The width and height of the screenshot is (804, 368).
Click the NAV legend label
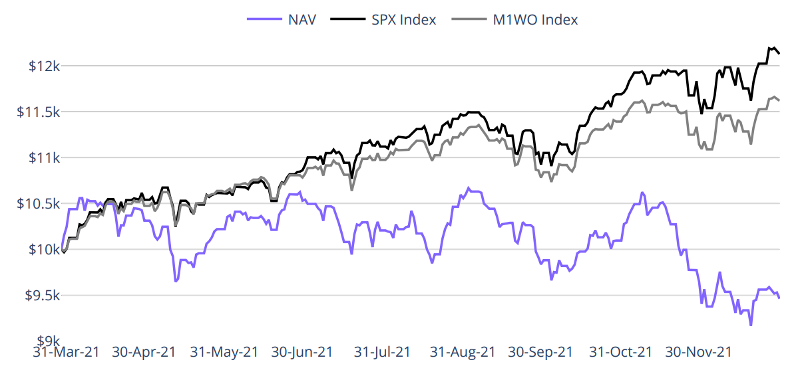[303, 19]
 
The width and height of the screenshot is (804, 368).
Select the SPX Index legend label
[404, 19]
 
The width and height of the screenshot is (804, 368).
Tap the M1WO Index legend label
[535, 19]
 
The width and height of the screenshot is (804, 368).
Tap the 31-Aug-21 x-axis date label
[463, 352]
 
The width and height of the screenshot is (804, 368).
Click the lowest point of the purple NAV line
[751, 325]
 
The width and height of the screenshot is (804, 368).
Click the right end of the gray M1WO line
[779, 100]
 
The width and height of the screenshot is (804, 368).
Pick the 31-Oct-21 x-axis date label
[621, 352]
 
